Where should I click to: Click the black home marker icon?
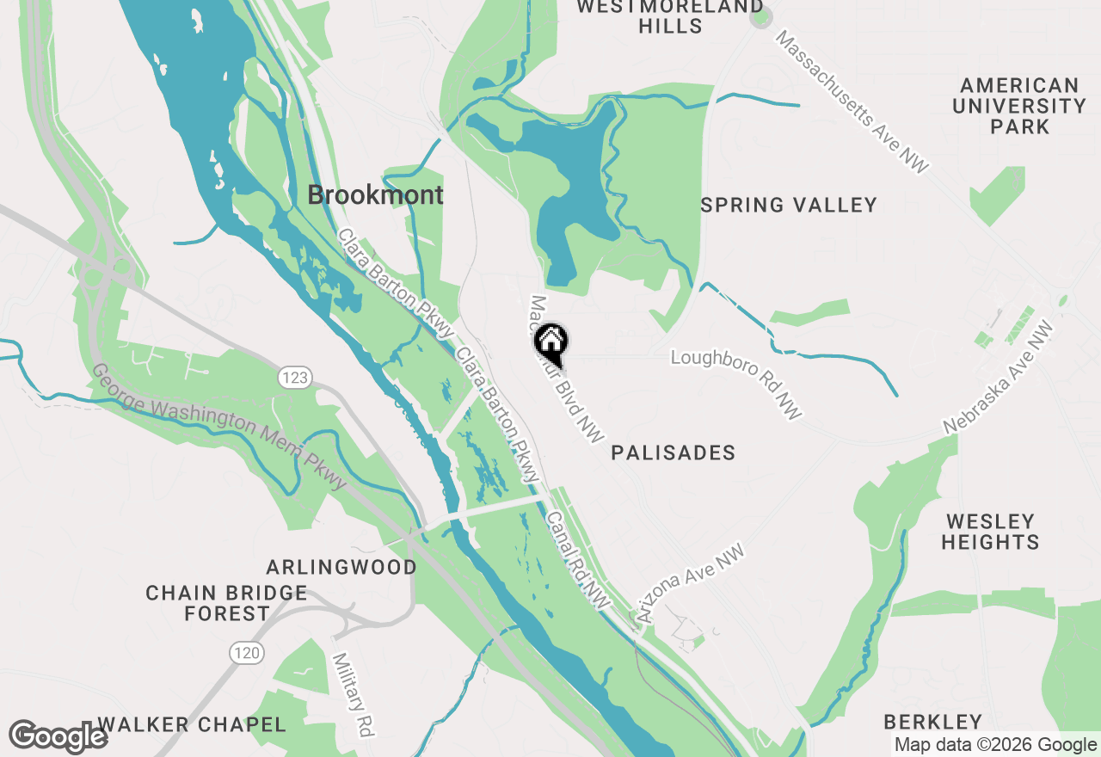[551, 343]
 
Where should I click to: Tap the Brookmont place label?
[376, 195]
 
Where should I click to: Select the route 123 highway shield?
[293, 377]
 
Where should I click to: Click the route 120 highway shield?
[246, 653]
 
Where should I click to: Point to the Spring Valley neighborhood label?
[789, 205]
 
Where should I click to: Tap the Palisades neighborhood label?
[674, 452]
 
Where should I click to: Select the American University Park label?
[1019, 106]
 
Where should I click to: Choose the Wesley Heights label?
[990, 532]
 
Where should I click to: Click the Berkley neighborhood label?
[933, 721]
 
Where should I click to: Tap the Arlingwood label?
[341, 568]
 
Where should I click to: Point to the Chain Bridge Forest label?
[226, 603]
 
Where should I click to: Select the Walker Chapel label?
[192, 724]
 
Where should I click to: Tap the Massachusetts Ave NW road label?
[852, 102]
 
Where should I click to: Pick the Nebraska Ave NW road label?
[998, 378]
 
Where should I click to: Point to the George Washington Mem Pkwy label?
[218, 427]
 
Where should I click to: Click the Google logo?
[58, 737]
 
